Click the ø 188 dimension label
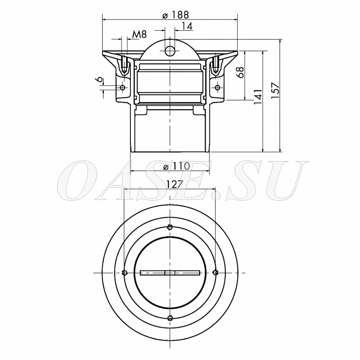[x=175, y=15]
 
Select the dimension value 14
[x=187, y=26]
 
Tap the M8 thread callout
[x=139, y=35]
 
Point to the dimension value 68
[x=240, y=72]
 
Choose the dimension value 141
[x=258, y=97]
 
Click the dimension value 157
[x=275, y=90]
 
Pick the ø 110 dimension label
[x=176, y=166]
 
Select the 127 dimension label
[x=175, y=184]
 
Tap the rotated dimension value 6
[x=100, y=80]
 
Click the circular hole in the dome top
[x=170, y=50]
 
